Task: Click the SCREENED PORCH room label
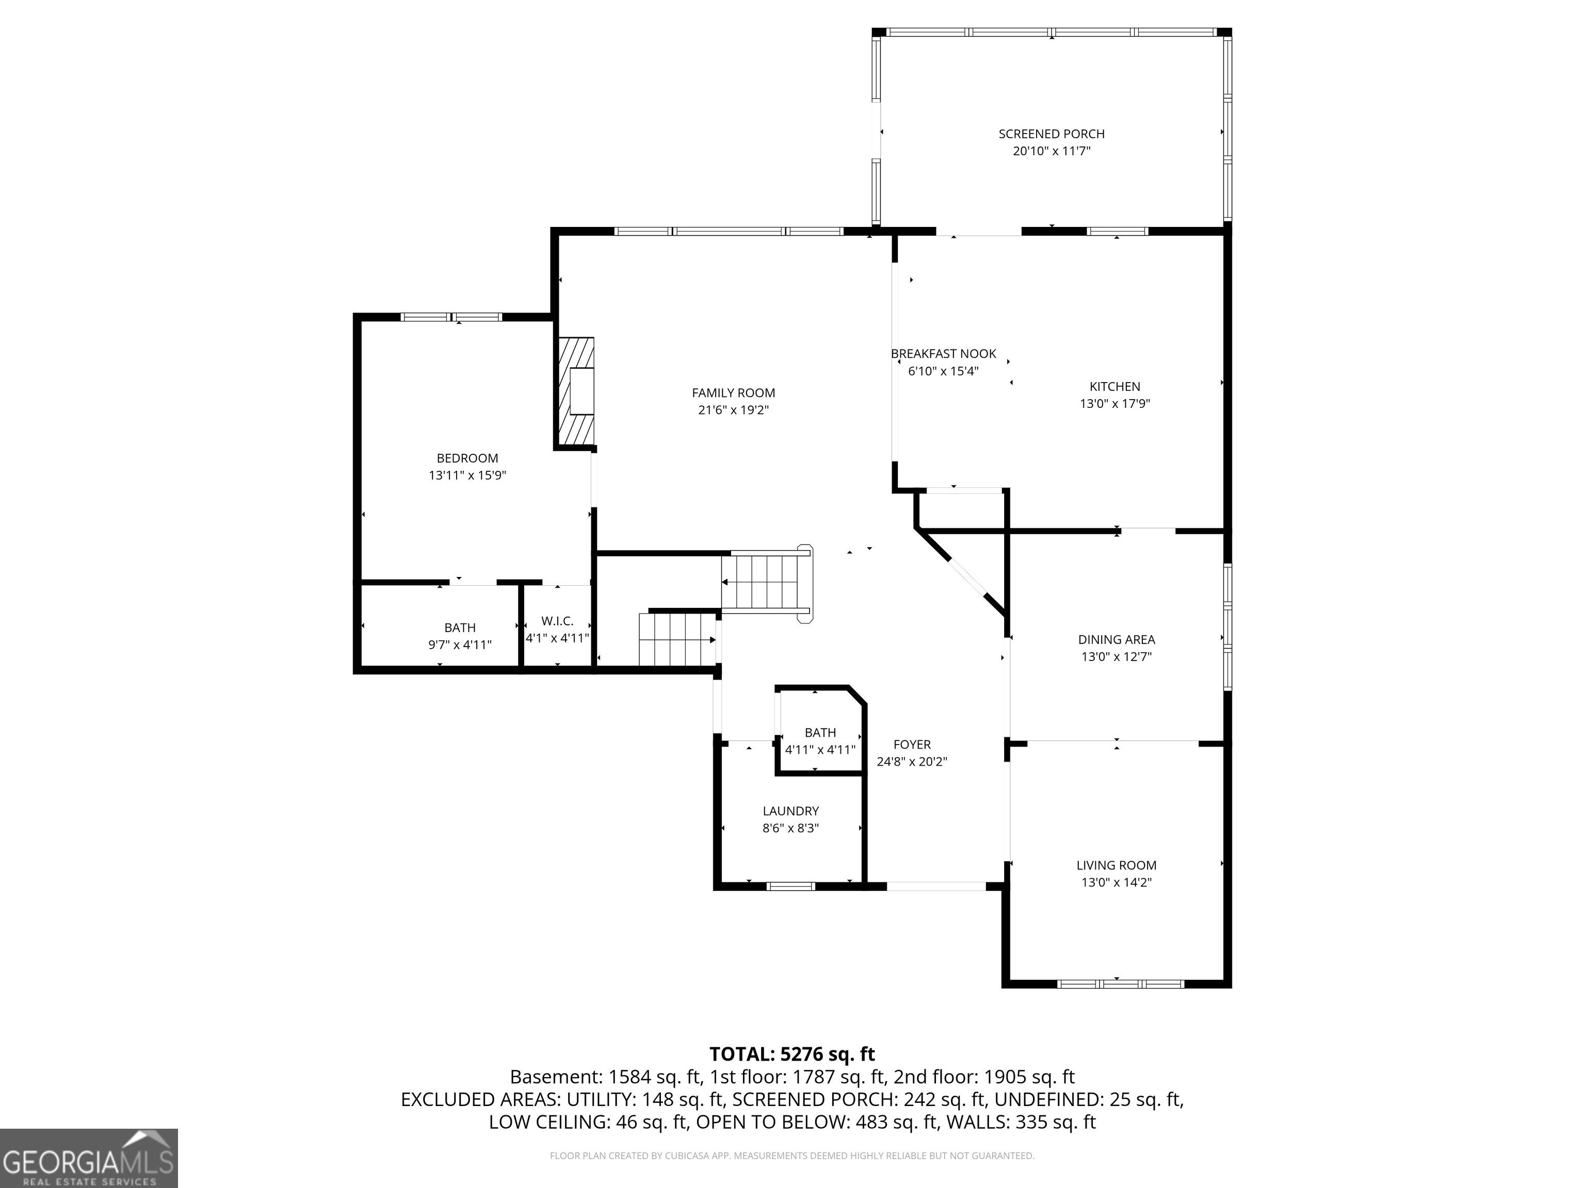click(x=1051, y=134)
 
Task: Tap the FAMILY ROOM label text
click(x=733, y=392)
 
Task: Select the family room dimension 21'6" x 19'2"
click(x=733, y=410)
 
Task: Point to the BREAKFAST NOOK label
click(x=943, y=354)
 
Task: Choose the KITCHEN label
click(x=1115, y=387)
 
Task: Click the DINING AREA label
click(x=1117, y=639)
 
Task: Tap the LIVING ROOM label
click(x=1117, y=865)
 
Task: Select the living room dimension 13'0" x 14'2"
click(x=1117, y=883)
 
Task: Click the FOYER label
click(x=912, y=745)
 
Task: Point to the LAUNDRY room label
click(x=790, y=811)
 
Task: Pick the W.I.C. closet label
click(x=557, y=621)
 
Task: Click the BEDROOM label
click(x=467, y=458)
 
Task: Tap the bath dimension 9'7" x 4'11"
click(x=460, y=645)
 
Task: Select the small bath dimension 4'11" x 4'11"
click(x=820, y=750)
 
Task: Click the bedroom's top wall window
click(x=451, y=317)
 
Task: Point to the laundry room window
click(x=791, y=886)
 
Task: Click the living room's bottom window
click(x=1121, y=984)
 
